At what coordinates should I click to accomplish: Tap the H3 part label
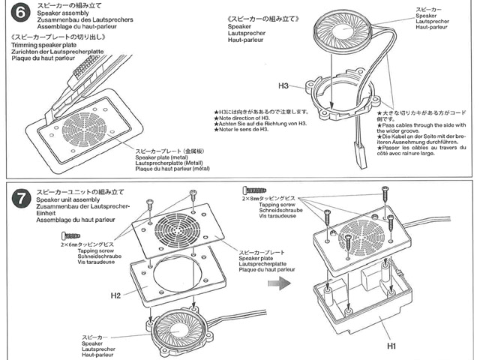(283, 85)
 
